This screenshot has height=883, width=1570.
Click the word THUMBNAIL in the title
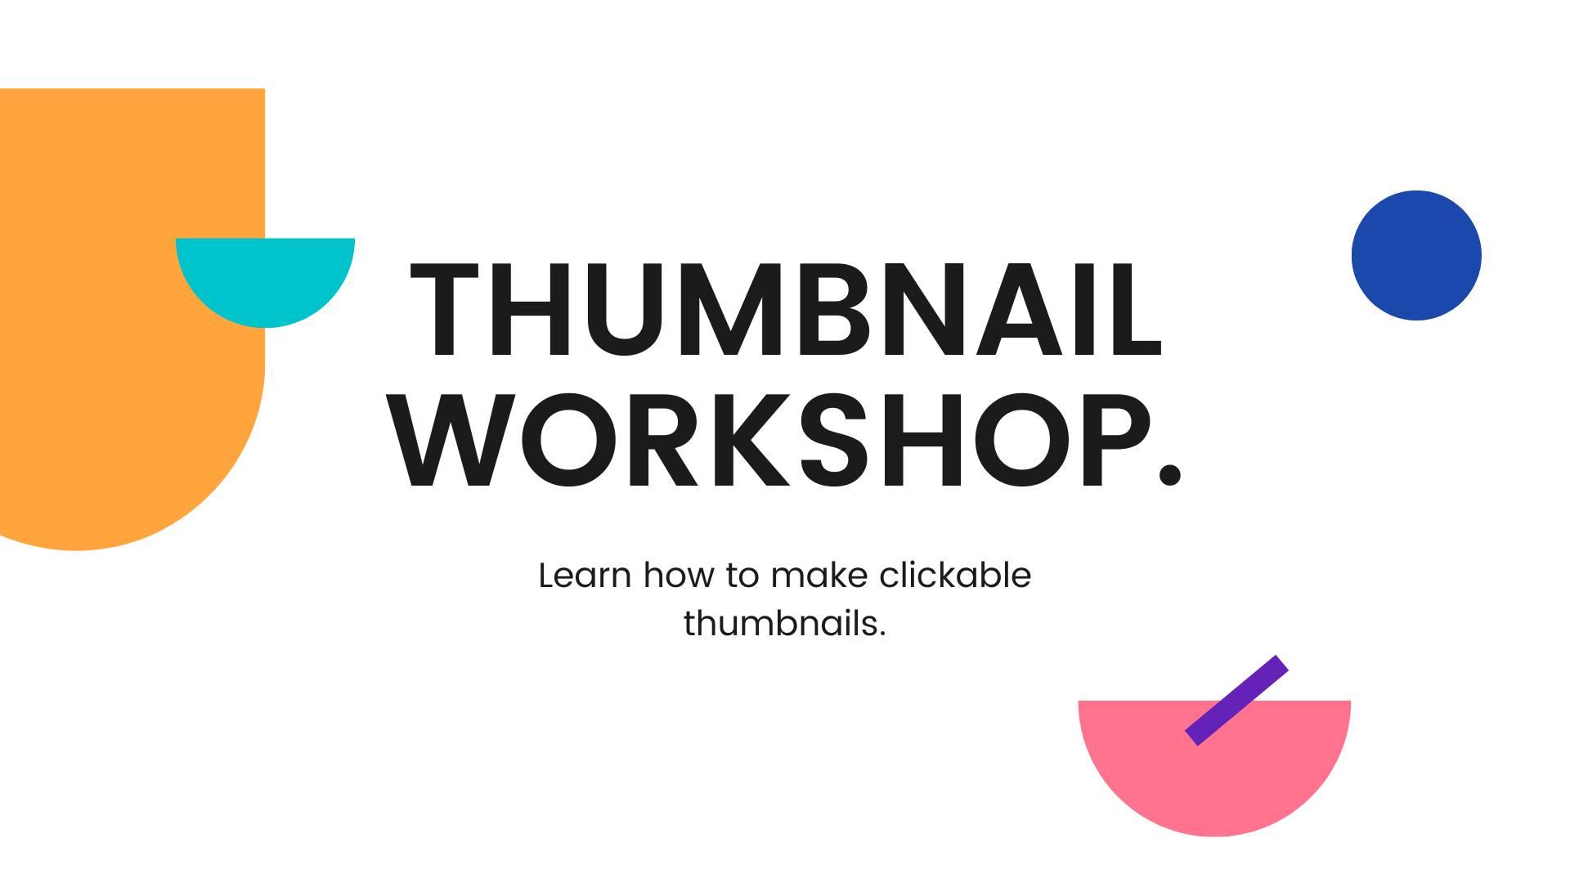[x=785, y=310]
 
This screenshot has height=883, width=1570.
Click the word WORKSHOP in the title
[x=769, y=440]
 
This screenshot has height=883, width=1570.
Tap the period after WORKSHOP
[x=1170, y=475]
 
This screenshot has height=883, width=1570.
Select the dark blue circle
[x=1416, y=255]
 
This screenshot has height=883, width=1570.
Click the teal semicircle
[x=265, y=278]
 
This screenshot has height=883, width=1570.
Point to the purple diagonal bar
[x=1236, y=701]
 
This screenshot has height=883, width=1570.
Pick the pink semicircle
[x=1214, y=764]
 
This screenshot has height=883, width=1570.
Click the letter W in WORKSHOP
[x=451, y=440]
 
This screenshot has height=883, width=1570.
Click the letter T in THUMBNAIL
[x=444, y=310]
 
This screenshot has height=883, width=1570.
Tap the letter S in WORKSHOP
[x=833, y=440]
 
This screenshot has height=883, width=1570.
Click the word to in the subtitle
[x=742, y=576]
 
